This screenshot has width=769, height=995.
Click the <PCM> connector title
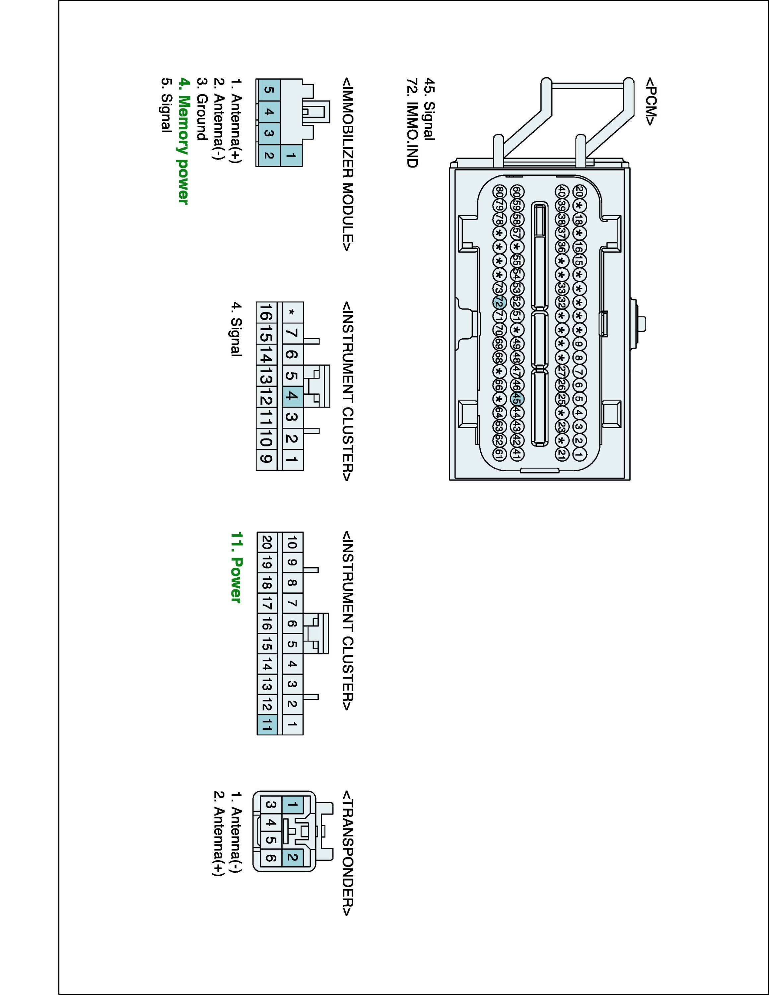650,101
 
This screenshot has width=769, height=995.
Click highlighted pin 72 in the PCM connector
499,302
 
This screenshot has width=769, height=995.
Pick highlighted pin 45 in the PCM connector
517,399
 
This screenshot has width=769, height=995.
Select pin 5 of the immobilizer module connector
268,90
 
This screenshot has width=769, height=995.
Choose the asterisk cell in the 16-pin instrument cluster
292,312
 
